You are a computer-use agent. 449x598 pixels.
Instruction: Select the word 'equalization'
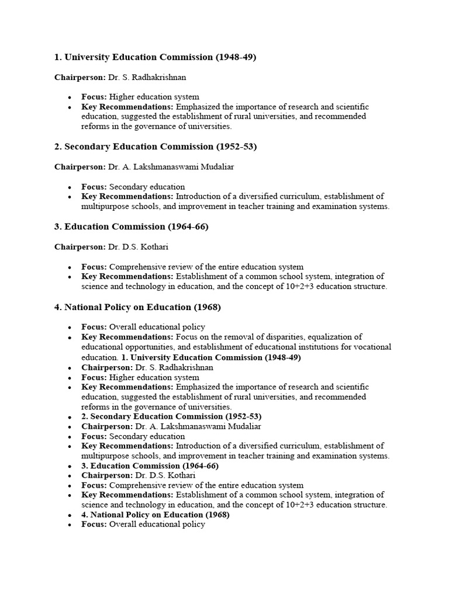coord(335,337)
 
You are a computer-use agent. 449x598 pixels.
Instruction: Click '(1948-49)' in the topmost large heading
coord(236,57)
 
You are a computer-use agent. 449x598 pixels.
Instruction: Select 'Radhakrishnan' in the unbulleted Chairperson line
coord(158,77)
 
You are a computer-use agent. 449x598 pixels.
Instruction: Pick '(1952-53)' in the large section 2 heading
coord(236,147)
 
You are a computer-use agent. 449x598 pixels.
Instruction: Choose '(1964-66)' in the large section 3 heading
coord(188,227)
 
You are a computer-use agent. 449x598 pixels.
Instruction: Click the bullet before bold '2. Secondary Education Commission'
coord(70,417)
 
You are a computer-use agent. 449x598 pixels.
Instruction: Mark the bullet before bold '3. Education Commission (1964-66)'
coord(70,466)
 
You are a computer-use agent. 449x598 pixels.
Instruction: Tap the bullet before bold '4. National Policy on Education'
coord(70,515)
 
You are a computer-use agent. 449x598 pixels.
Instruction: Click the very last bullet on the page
coord(70,525)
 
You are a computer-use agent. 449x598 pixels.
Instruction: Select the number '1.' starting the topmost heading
coord(58,57)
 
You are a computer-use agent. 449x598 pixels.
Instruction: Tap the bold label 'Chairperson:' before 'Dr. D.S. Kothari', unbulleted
coord(80,246)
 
